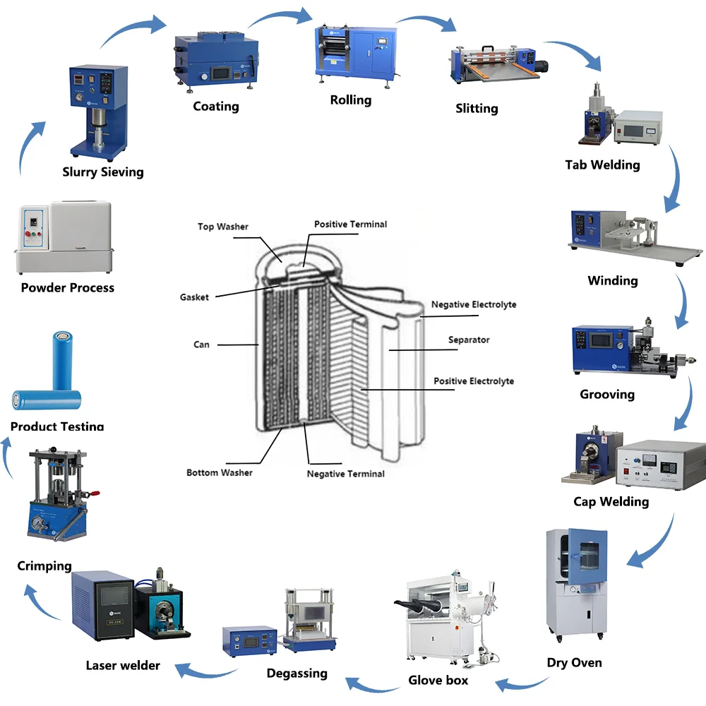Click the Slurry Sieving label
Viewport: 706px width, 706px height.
click(x=103, y=172)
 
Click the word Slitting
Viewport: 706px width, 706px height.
click(x=477, y=108)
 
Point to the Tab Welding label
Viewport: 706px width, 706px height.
click(x=602, y=164)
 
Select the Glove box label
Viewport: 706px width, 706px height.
click(x=438, y=681)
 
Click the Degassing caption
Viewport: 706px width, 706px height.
click(x=297, y=673)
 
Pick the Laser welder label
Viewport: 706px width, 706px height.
click(x=123, y=665)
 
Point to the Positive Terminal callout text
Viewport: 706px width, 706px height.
click(x=350, y=224)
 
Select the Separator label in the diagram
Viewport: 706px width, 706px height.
click(x=469, y=340)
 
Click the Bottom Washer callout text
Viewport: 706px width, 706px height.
click(x=219, y=472)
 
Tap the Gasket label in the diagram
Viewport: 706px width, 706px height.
click(x=194, y=297)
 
